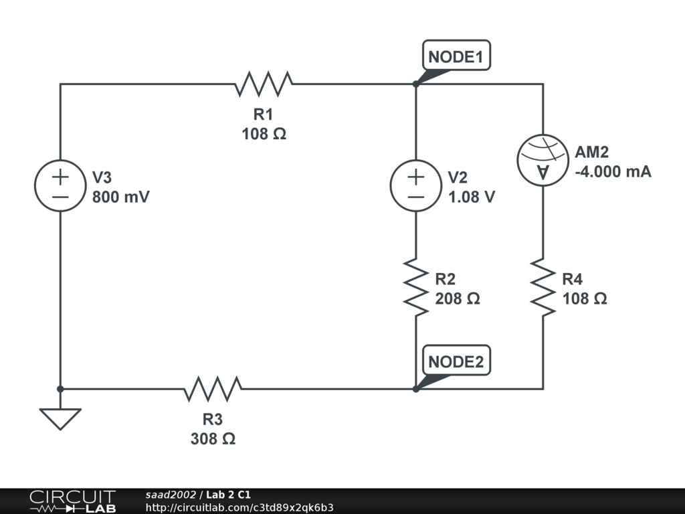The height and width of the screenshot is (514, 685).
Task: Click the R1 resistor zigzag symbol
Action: [264, 84]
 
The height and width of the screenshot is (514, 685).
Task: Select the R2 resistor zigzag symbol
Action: [415, 288]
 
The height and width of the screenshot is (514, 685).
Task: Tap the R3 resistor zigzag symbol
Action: [213, 388]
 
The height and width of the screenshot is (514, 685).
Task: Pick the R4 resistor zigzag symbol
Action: [543, 288]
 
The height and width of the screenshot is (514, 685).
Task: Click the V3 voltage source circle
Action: [60, 187]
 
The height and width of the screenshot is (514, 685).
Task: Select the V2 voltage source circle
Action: [415, 187]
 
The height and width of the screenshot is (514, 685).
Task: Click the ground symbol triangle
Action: [60, 418]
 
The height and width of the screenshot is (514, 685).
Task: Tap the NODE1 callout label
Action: [456, 57]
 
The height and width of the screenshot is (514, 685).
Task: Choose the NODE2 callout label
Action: [456, 361]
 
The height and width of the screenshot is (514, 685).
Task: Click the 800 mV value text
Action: [121, 198]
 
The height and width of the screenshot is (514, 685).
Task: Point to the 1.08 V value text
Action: [472, 198]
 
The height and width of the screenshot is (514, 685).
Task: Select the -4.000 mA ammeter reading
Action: [613, 172]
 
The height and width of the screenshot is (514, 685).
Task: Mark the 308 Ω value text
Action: [213, 439]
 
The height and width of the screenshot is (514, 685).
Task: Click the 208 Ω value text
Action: [458, 298]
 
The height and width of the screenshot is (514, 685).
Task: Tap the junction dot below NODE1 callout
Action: [415, 84]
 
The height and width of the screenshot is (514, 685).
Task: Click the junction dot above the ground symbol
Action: [60, 388]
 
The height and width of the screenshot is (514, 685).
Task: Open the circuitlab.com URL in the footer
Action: [239, 507]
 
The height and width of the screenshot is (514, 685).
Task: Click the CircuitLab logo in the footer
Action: [72, 501]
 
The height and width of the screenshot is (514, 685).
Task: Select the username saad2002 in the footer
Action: [171, 495]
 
